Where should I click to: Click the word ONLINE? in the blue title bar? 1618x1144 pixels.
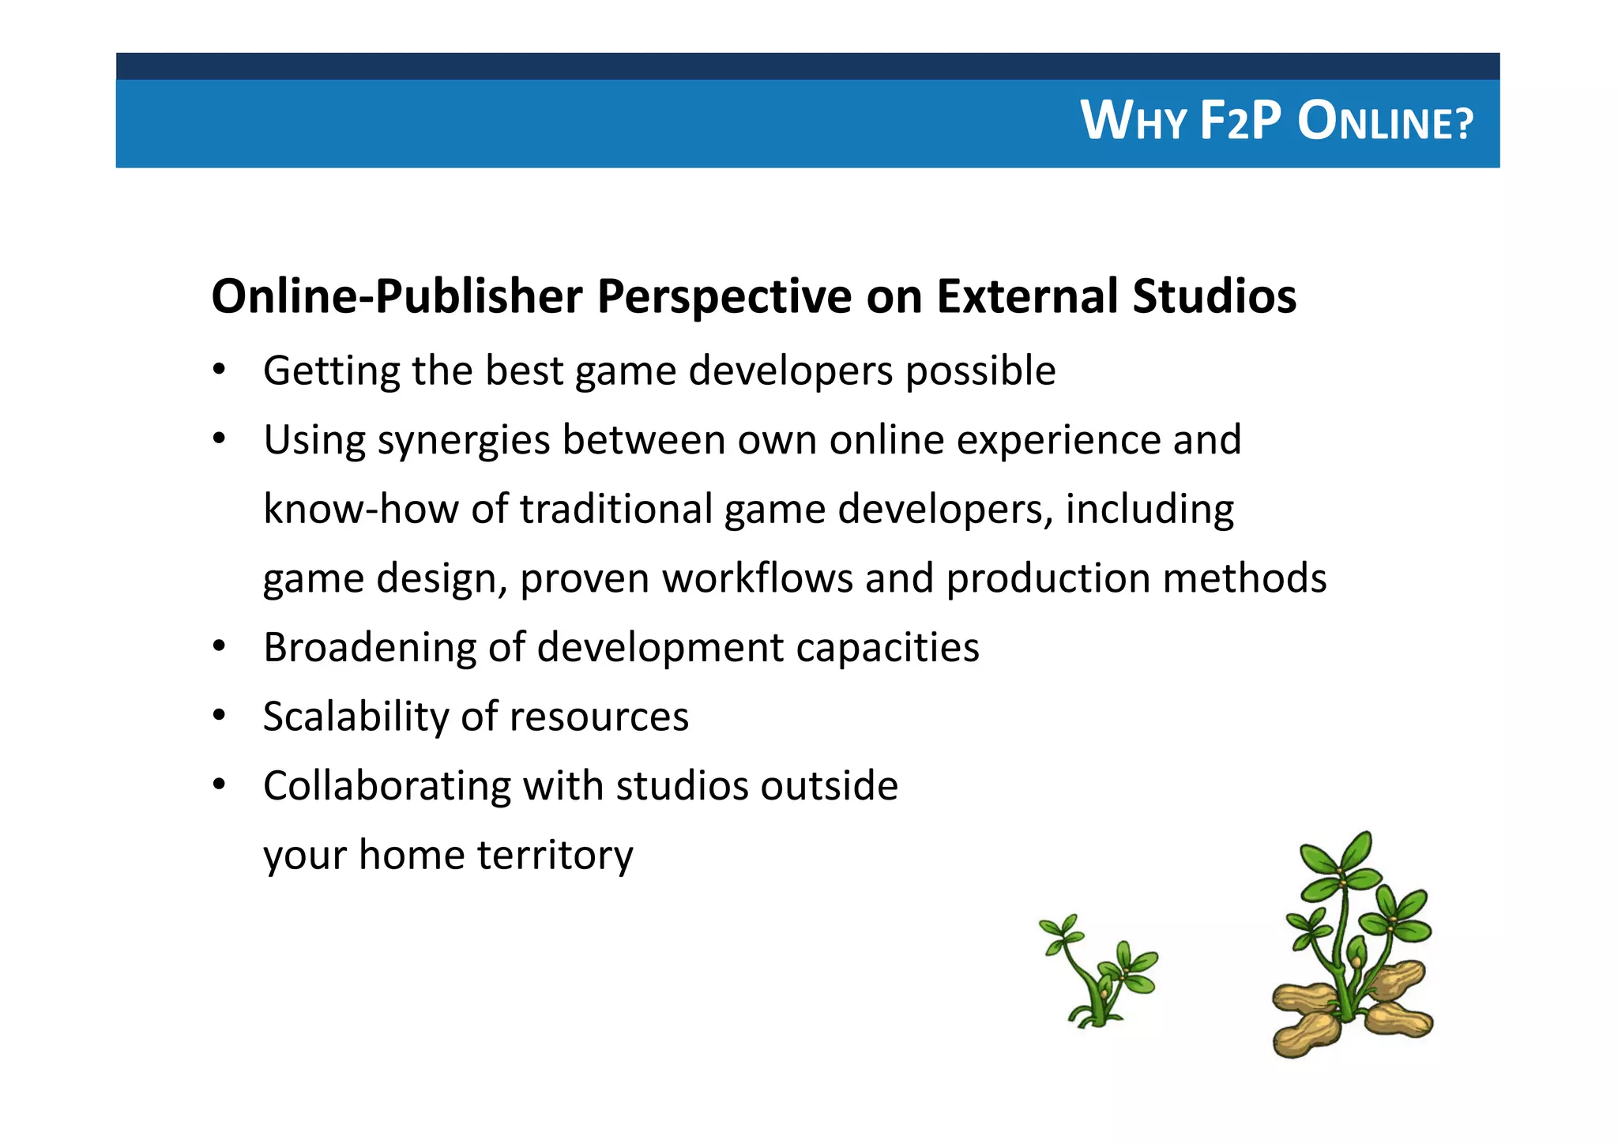pos(1385,122)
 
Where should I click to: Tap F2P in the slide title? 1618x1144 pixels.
pos(1240,122)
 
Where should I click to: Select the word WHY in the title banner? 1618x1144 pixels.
pos(1133,122)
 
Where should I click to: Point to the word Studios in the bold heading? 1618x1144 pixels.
pos(1213,297)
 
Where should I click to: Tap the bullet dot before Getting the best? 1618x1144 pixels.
pos(220,370)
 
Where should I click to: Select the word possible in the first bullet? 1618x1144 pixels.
pos(980,371)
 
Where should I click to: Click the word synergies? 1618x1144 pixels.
pos(463,441)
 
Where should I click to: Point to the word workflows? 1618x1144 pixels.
pos(757,578)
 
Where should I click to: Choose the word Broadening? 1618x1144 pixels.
pos(369,648)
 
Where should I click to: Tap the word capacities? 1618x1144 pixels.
pos(887,648)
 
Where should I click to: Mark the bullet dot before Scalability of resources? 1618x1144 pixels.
pos(220,716)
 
